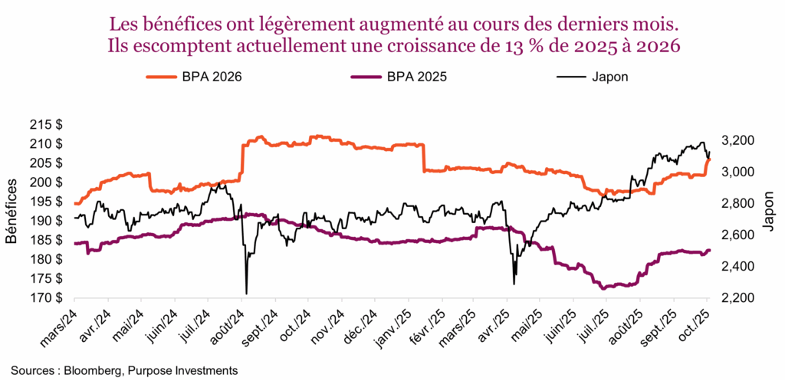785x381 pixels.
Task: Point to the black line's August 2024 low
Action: point(246,293)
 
